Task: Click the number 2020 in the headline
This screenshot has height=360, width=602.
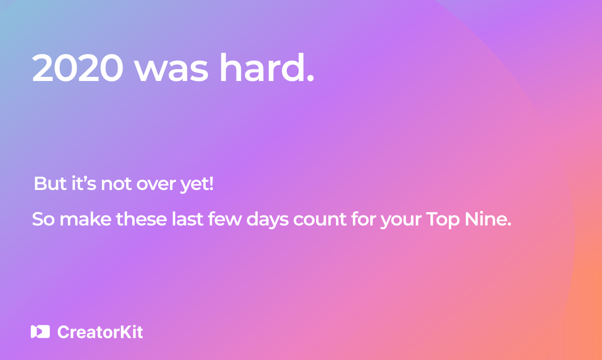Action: click(x=78, y=68)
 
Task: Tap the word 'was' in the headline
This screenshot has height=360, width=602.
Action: click(x=171, y=71)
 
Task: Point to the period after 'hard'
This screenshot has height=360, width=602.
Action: click(x=310, y=79)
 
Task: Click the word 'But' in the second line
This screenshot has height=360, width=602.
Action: click(x=50, y=184)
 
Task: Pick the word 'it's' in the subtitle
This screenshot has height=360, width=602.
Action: click(x=83, y=183)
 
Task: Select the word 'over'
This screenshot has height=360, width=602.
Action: click(x=156, y=185)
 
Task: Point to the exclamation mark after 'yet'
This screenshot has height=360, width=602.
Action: click(x=211, y=184)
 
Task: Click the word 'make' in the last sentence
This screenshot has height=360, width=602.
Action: click(x=85, y=219)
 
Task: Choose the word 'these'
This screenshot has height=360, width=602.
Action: click(x=141, y=219)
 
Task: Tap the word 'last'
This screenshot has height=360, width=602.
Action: click(x=187, y=219)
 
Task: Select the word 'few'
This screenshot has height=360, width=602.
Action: click(x=225, y=219)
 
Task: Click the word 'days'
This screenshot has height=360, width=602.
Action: click(x=267, y=220)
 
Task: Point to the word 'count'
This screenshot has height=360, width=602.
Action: click(x=319, y=220)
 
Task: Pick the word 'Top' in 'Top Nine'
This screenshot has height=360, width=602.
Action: click(x=443, y=220)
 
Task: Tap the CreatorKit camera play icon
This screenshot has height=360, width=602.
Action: click(x=40, y=332)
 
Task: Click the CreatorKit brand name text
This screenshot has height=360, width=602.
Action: click(x=100, y=332)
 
